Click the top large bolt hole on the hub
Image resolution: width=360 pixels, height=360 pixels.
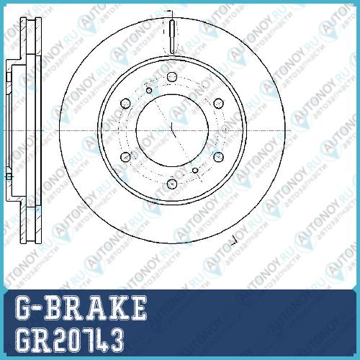pyautogui.click(x=172, y=77)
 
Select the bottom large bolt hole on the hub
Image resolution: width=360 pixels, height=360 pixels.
pyautogui.click(x=172, y=184)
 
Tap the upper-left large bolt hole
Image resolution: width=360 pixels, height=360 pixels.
pyautogui.click(x=125, y=104)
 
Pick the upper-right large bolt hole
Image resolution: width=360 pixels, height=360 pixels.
pyautogui.click(x=218, y=104)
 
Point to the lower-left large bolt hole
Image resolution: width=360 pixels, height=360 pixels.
pyautogui.click(x=125, y=157)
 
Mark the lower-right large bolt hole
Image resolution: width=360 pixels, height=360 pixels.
pyautogui.click(x=218, y=157)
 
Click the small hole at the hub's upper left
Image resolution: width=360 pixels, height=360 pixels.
pyautogui.click(x=149, y=91)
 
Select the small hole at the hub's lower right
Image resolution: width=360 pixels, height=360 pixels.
pyautogui.click(x=195, y=171)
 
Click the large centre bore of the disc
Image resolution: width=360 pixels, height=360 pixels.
pyautogui.click(x=172, y=130)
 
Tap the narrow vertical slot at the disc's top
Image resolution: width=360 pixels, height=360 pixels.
pyautogui.click(x=172, y=37)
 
